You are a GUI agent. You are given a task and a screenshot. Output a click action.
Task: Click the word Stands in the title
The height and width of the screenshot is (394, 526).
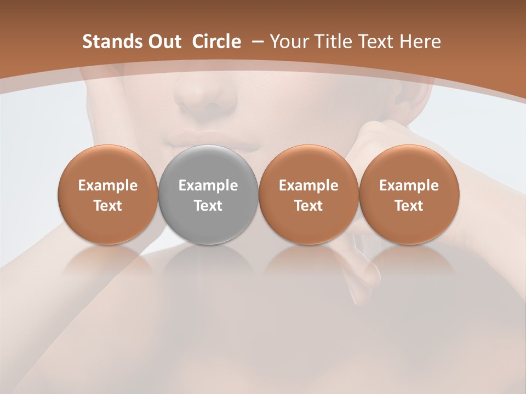pyautogui.click(x=108, y=42)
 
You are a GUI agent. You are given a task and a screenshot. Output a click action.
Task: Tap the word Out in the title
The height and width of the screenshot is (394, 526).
pyautogui.click(x=163, y=42)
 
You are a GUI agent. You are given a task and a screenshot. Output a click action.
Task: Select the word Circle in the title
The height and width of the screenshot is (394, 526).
pyautogui.click(x=216, y=42)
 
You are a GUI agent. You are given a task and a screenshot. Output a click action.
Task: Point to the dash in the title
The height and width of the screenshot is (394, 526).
pyautogui.click(x=257, y=42)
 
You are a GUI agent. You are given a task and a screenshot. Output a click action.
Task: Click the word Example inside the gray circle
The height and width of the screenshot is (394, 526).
pyautogui.click(x=208, y=186)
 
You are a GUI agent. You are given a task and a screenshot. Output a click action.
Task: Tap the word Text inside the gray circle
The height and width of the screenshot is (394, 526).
pyautogui.click(x=208, y=206)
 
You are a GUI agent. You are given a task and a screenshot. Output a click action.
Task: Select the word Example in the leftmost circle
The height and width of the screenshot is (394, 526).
pyautogui.click(x=107, y=186)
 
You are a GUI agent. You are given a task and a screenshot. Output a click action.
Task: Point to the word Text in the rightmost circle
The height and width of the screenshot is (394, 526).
pyautogui.click(x=409, y=206)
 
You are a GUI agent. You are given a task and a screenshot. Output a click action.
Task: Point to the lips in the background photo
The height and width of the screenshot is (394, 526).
pyautogui.click(x=214, y=139)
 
